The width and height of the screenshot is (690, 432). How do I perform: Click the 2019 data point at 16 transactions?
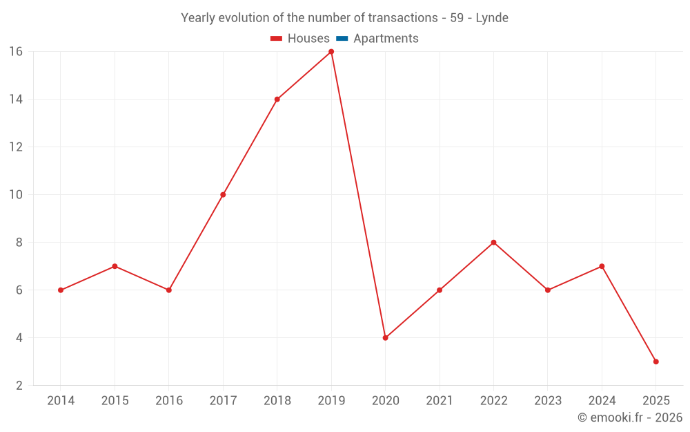pyautogui.click(x=331, y=52)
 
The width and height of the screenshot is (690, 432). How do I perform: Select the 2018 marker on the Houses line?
pyautogui.click(x=277, y=99)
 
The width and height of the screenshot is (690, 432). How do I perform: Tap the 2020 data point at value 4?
pyautogui.click(x=385, y=338)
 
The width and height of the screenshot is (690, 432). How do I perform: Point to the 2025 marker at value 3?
pyautogui.click(x=655, y=361)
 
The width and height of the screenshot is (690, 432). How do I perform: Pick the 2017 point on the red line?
pyautogui.click(x=223, y=195)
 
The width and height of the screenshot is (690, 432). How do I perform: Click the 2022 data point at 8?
pyautogui.click(x=493, y=243)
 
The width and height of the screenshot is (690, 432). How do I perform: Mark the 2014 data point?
pyautogui.click(x=61, y=290)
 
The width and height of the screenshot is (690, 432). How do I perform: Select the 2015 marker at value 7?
pyautogui.click(x=115, y=266)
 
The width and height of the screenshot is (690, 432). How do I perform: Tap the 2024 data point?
pyautogui.click(x=602, y=266)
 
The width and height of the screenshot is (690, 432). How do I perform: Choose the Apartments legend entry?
pyautogui.click(x=386, y=39)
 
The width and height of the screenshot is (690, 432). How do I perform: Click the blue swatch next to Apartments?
pyautogui.click(x=342, y=39)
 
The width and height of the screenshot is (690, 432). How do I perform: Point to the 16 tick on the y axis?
pyautogui.click(x=16, y=52)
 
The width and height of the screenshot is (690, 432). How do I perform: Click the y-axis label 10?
pyautogui.click(x=16, y=195)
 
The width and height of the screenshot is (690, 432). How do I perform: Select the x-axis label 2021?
pyautogui.click(x=440, y=401)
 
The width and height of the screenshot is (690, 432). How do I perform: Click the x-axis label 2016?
pyautogui.click(x=169, y=401)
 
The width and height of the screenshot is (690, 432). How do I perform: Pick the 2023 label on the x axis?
pyautogui.click(x=548, y=401)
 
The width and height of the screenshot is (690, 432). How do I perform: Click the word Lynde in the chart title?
pyautogui.click(x=492, y=18)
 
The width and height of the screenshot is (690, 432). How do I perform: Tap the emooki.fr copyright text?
pyautogui.click(x=630, y=417)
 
